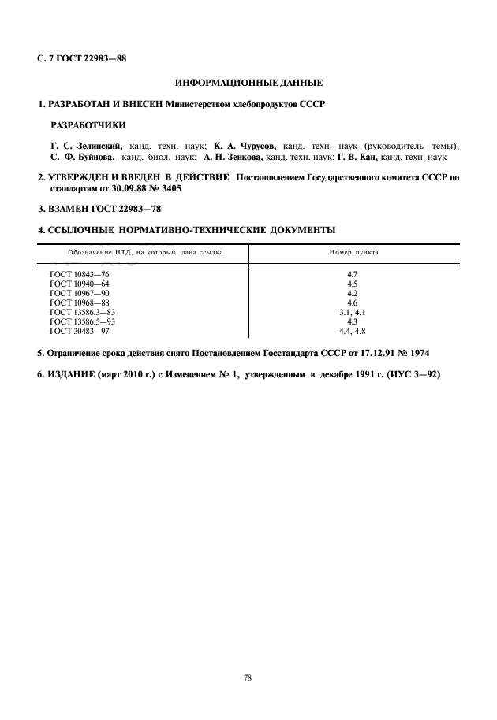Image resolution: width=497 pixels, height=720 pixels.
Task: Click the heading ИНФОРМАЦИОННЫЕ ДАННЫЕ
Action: (248, 83)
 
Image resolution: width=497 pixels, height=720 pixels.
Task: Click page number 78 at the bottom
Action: (248, 677)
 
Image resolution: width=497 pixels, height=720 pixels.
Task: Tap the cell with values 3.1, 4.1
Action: (353, 313)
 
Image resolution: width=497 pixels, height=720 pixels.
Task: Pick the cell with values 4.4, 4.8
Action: (353, 332)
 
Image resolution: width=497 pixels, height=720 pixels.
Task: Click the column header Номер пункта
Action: (353, 254)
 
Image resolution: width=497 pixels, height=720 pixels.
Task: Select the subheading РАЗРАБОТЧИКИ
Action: (88, 125)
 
